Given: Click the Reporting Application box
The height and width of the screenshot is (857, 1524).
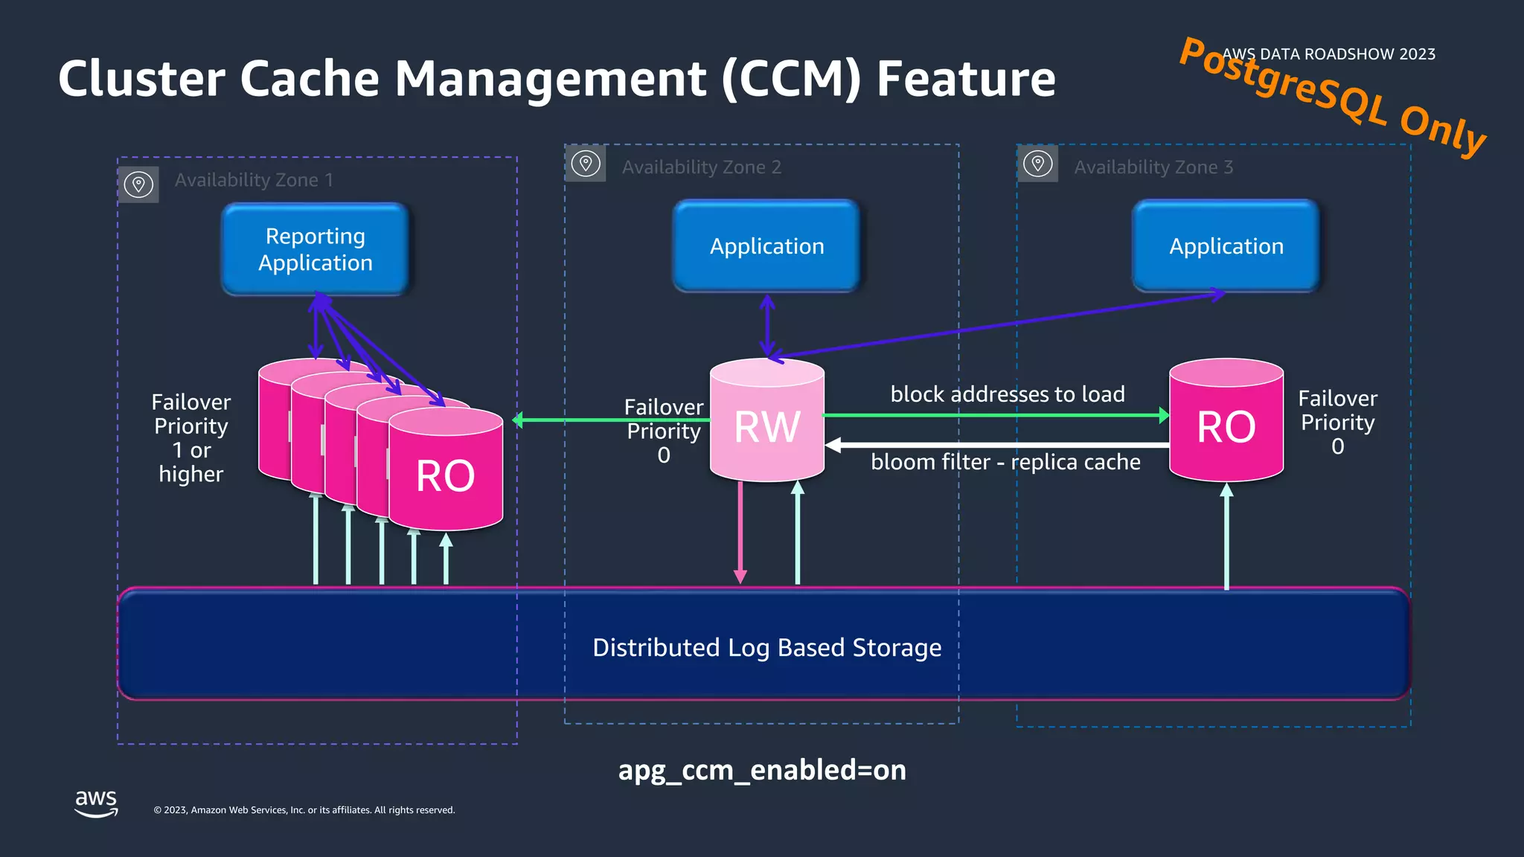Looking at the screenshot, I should [x=316, y=249].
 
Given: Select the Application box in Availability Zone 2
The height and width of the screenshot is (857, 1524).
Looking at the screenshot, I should [x=766, y=246].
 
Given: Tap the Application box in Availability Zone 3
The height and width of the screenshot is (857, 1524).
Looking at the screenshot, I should [x=1226, y=246].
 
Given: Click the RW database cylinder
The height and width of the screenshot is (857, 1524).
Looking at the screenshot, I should [x=766, y=424].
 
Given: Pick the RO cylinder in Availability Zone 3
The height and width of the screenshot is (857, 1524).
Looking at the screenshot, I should [x=1226, y=424].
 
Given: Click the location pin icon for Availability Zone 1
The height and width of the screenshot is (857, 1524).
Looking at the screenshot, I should [x=138, y=184].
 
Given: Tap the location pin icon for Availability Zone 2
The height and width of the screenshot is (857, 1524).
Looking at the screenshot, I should [x=586, y=164].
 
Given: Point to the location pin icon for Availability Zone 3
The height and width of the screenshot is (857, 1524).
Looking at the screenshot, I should [x=1037, y=164].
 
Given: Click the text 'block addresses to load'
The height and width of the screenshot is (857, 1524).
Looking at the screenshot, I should [x=1007, y=394].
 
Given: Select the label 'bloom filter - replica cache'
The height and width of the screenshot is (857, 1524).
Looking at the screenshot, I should [x=1005, y=462].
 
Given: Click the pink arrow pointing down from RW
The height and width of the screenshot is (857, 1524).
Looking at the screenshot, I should [x=740, y=532].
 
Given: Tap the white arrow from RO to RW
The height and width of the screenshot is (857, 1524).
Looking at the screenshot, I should [x=997, y=445].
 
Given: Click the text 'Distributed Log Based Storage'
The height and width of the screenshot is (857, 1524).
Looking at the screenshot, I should [x=766, y=647].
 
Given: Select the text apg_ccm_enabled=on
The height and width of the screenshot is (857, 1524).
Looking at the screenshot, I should [x=762, y=770].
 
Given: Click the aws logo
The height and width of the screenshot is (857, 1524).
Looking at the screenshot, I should [x=96, y=803].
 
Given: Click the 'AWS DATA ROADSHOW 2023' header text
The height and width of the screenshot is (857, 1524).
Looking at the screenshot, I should [x=1328, y=54].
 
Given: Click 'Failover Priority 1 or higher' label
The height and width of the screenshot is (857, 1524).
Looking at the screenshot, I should [x=190, y=438].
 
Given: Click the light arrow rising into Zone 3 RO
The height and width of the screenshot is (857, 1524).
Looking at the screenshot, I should [x=1226, y=536].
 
